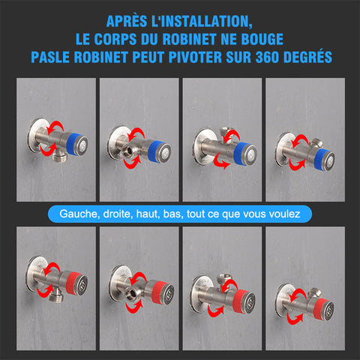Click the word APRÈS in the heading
tap(127, 22)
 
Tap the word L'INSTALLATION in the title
tap(202, 22)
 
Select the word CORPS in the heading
tap(115, 39)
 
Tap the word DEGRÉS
tap(307, 57)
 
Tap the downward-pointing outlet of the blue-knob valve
tap(60, 157)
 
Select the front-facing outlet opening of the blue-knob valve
tap(129, 151)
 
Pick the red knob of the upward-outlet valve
tap(240, 301)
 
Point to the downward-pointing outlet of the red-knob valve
tap(55, 297)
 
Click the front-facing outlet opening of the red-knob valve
tap(131, 294)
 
